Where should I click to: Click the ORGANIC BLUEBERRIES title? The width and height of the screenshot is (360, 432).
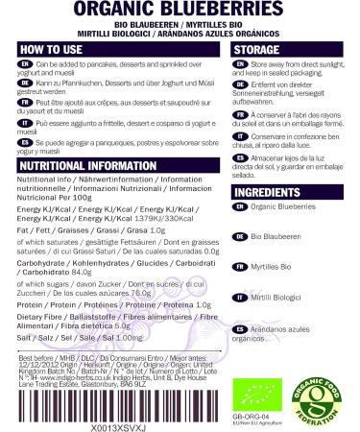coord(180,10)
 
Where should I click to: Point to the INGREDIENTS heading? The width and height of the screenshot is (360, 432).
coord(272,193)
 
